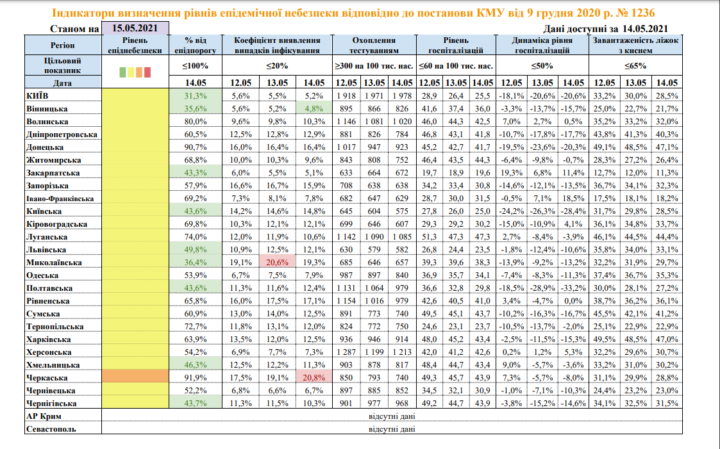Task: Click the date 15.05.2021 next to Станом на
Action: pyautogui.click(x=135, y=28)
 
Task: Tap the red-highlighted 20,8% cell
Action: pyautogui.click(x=314, y=378)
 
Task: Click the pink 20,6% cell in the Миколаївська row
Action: pyautogui.click(x=277, y=263)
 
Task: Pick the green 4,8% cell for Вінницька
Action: pyautogui.click(x=314, y=109)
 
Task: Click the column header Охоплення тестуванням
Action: pyautogui.click(x=374, y=45)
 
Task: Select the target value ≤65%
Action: pyautogui.click(x=635, y=65)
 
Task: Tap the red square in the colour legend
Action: pyautogui.click(x=147, y=72)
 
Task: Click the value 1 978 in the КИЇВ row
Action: pyautogui.click(x=402, y=96)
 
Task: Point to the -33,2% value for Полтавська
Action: pyautogui.click(x=573, y=288)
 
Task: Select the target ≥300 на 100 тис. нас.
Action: pyautogui.click(x=374, y=65)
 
